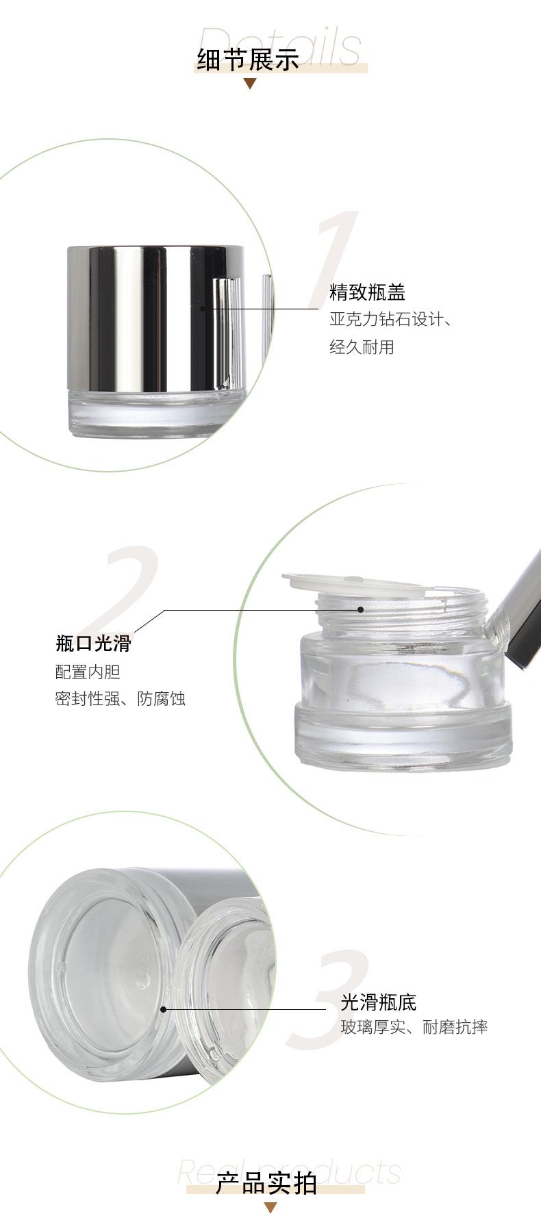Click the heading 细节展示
pyautogui.click(x=249, y=60)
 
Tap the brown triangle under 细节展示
pyautogui.click(x=250, y=84)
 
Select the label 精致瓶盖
pyautogui.click(x=368, y=292)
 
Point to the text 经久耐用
pyautogui.click(x=362, y=347)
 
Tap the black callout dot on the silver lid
pyautogui.click(x=202, y=309)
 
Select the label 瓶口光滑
pyautogui.click(x=93, y=644)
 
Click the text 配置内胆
pyautogui.click(x=88, y=672)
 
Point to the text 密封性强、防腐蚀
pyautogui.click(x=121, y=699)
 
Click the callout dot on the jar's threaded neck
pyautogui.click(x=360, y=609)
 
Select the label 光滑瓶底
pyautogui.click(x=379, y=1003)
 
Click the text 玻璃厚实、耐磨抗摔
pyautogui.click(x=414, y=1027)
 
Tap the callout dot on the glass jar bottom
pyautogui.click(x=163, y=1009)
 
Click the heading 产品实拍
pyautogui.click(x=266, y=1183)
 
